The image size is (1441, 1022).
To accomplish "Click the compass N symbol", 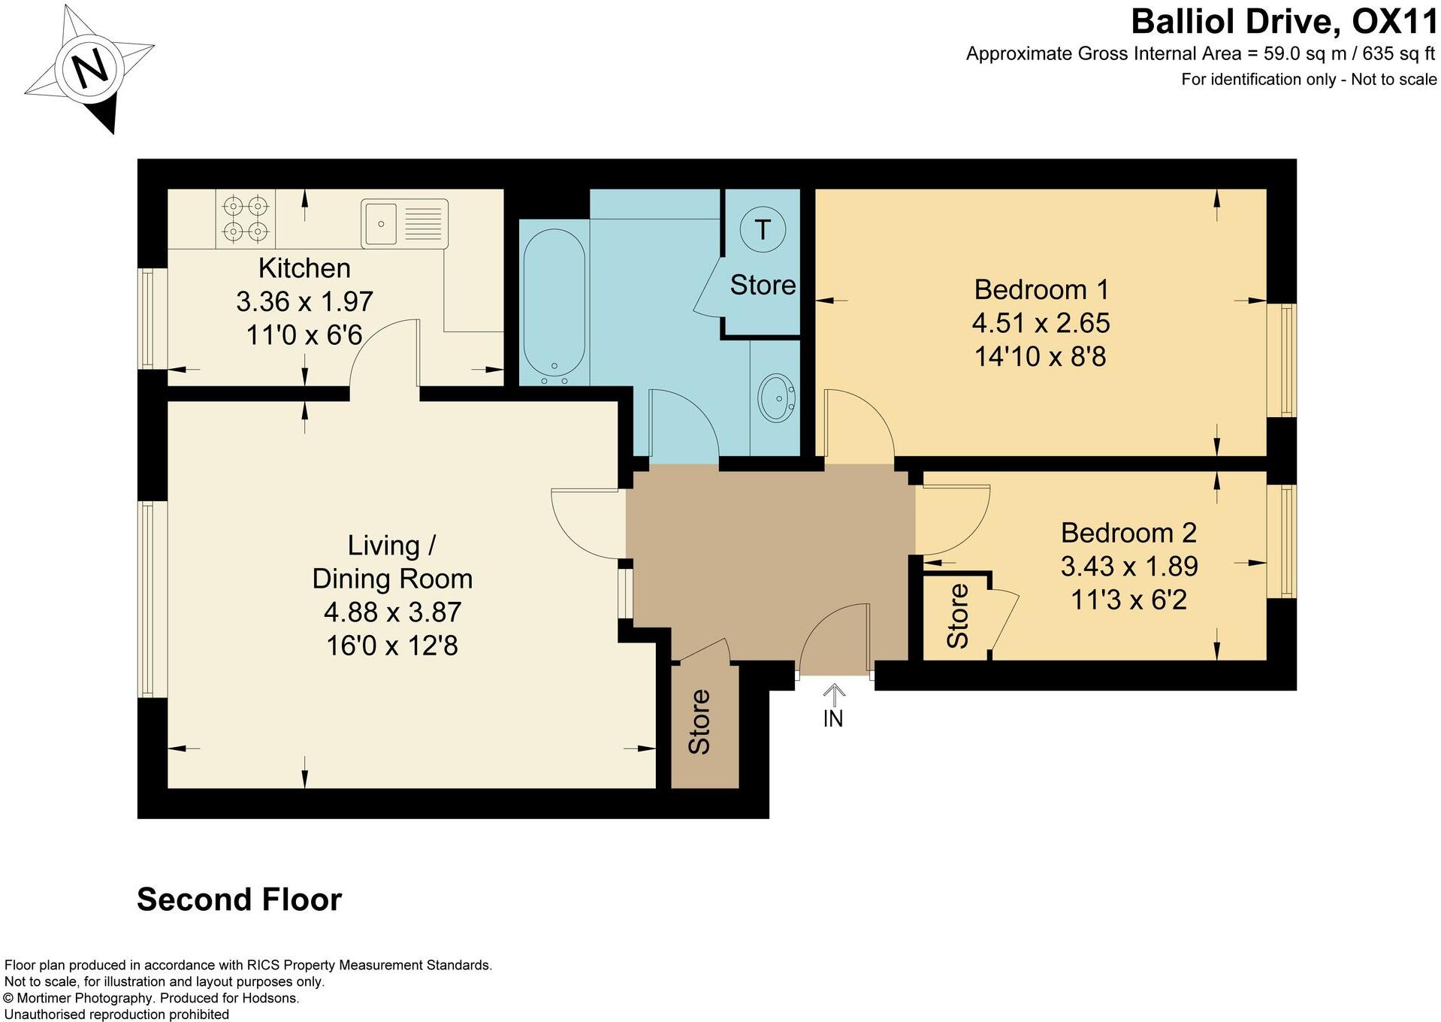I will pos(91,68).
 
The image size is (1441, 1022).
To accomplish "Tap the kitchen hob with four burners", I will pos(246,219).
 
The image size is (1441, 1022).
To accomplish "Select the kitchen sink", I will pos(404,223).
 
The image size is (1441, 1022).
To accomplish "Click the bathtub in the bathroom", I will pos(553,304).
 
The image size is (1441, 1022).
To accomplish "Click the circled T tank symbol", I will pos(762,229).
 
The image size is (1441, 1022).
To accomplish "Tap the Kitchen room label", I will pos(304,268).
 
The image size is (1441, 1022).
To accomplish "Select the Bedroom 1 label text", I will pos(1041,289).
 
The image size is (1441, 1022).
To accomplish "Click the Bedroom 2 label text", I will pos(1128,533).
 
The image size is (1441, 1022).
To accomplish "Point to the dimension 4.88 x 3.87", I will pos(392,612).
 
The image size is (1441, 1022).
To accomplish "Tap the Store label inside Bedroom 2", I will pos(957,616).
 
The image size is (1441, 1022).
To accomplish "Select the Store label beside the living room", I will pos(699,721).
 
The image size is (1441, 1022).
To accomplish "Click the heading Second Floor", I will pos(239,900).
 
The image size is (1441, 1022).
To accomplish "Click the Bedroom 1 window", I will pos(1282,360).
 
